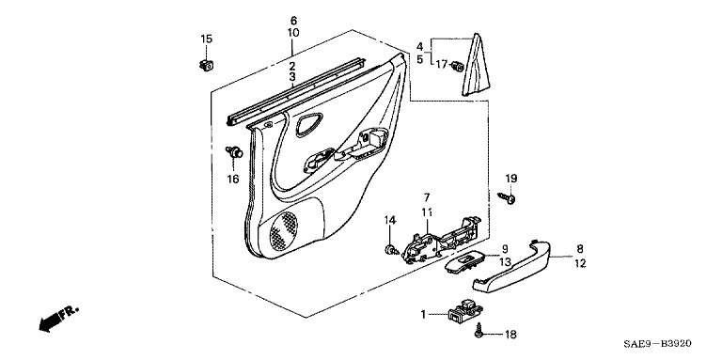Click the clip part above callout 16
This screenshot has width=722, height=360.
point(234,151)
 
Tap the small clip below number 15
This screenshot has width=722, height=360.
point(207,66)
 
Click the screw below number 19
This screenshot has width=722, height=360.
point(506,198)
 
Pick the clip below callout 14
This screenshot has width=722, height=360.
point(391,250)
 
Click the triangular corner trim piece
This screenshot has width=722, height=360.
point(476,65)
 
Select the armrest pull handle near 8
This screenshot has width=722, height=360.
point(512,266)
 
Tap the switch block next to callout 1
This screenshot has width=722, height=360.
point(462,311)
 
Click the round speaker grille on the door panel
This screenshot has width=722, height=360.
point(283,228)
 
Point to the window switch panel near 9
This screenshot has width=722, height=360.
point(465,262)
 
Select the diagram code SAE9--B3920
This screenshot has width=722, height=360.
point(657,344)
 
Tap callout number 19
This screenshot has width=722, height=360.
point(511,179)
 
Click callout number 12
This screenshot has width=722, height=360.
point(580,263)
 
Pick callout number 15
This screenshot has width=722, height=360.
point(206,39)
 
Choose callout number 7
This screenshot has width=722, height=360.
point(427,197)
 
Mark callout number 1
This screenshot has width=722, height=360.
point(423,315)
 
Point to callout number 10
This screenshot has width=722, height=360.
point(293,33)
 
